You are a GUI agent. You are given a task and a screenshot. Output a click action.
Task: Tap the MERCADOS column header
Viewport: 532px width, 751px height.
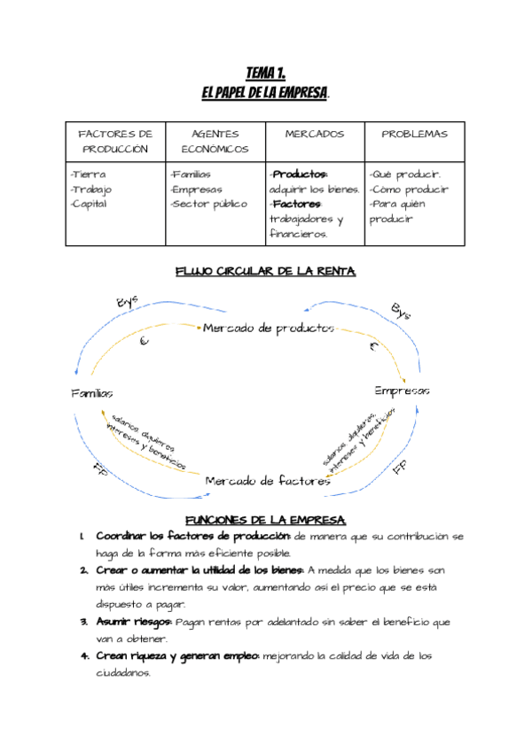(x=315, y=134)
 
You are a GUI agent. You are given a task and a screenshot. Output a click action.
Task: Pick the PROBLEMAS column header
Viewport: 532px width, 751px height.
(x=414, y=134)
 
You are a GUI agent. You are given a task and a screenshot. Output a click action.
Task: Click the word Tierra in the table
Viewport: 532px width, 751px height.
(x=89, y=174)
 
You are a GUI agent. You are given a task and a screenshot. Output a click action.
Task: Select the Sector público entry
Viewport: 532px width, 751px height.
(x=209, y=204)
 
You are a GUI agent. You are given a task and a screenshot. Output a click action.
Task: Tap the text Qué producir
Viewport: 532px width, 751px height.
(x=405, y=174)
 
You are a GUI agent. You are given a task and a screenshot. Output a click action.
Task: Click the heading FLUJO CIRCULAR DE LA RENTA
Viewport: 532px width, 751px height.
(x=265, y=271)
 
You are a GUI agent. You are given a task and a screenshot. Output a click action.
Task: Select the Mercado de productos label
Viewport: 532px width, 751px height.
(x=269, y=329)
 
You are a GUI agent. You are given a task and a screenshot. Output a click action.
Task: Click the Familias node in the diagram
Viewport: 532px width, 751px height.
(x=92, y=392)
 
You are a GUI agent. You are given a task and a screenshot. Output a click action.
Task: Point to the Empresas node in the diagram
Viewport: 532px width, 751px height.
(x=402, y=391)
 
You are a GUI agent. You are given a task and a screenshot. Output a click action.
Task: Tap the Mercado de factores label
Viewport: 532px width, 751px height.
(x=268, y=481)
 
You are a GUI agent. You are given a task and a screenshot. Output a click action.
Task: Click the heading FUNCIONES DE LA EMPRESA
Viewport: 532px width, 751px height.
(x=265, y=520)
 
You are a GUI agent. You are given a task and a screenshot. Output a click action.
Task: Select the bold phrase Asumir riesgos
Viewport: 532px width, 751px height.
(x=134, y=622)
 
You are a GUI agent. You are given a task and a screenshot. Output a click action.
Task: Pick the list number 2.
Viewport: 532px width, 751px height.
(x=82, y=570)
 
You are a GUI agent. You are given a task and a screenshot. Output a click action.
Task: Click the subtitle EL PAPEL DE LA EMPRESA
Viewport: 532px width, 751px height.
(x=265, y=92)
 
